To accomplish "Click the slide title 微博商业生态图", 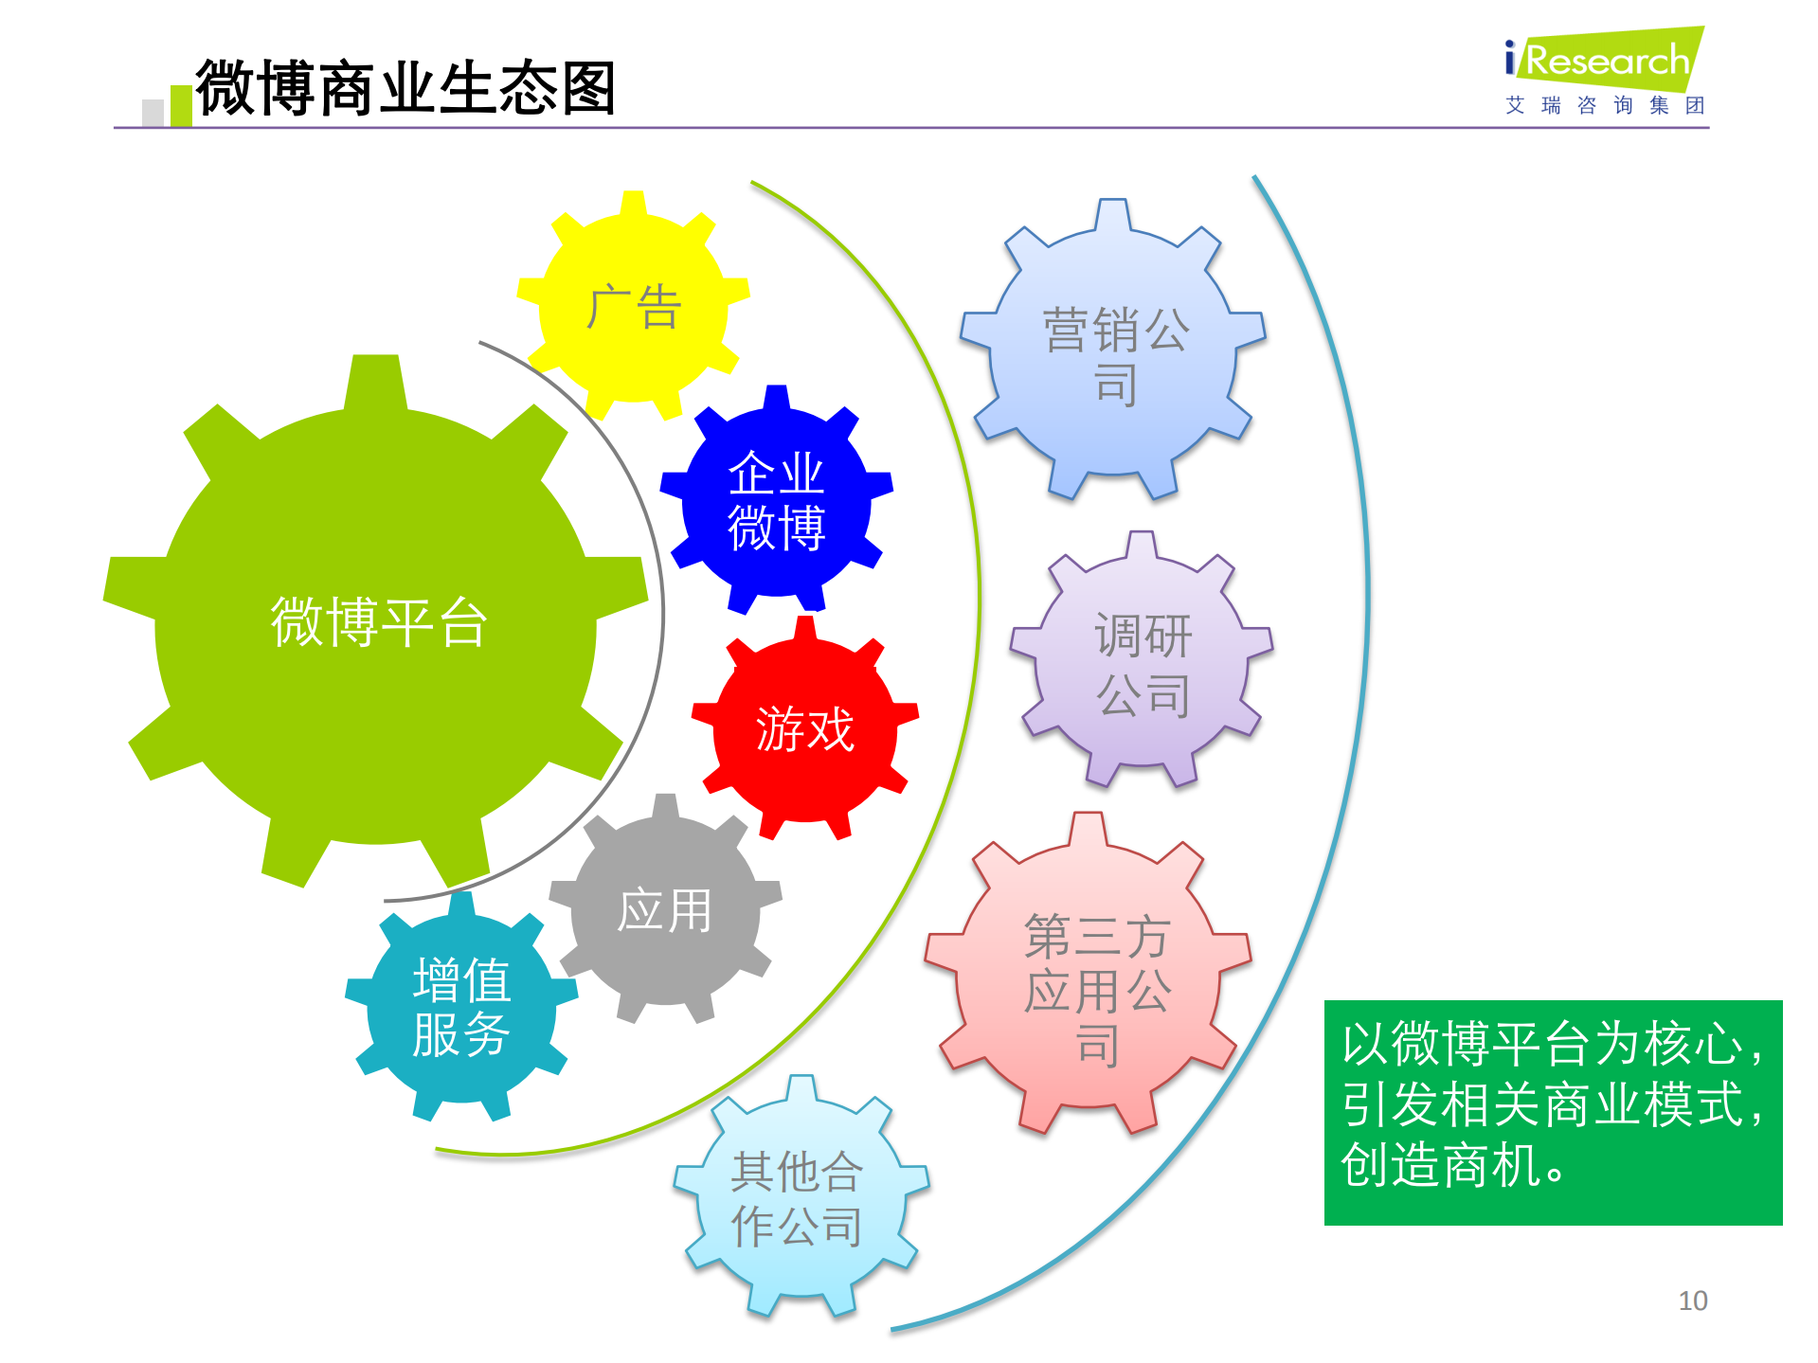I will pyautogui.click(x=405, y=87).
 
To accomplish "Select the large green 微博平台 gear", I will pyautogui.click(x=376, y=622).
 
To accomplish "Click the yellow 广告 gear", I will pyautogui.click(x=633, y=308).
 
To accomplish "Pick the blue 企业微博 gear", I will pyautogui.click(x=776, y=500).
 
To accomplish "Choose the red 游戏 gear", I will pyautogui.click(x=804, y=729).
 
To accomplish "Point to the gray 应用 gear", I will pyautogui.click(x=664, y=910).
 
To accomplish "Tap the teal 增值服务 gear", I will pyautogui.click(x=461, y=1007).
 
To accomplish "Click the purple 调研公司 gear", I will pyautogui.click(x=1142, y=663).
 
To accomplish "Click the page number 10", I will pyautogui.click(x=1692, y=1300).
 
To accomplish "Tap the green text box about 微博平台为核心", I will pyautogui.click(x=1553, y=1112).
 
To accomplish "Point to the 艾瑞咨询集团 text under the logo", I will pyautogui.click(x=1605, y=105).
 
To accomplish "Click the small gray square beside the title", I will pyautogui.click(x=153, y=113).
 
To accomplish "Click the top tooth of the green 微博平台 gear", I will pyautogui.click(x=376, y=379).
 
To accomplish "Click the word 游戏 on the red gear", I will pyautogui.click(x=804, y=729).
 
